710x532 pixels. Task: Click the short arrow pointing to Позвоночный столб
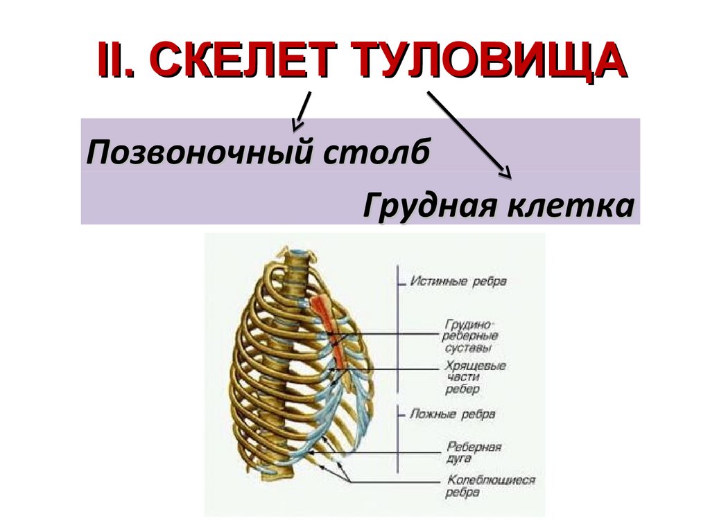[x=301, y=111]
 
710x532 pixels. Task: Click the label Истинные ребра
[x=458, y=282]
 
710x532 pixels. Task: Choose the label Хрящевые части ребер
[x=475, y=378]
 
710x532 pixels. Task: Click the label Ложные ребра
[x=453, y=414]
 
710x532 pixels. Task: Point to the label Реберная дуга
[x=474, y=453]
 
